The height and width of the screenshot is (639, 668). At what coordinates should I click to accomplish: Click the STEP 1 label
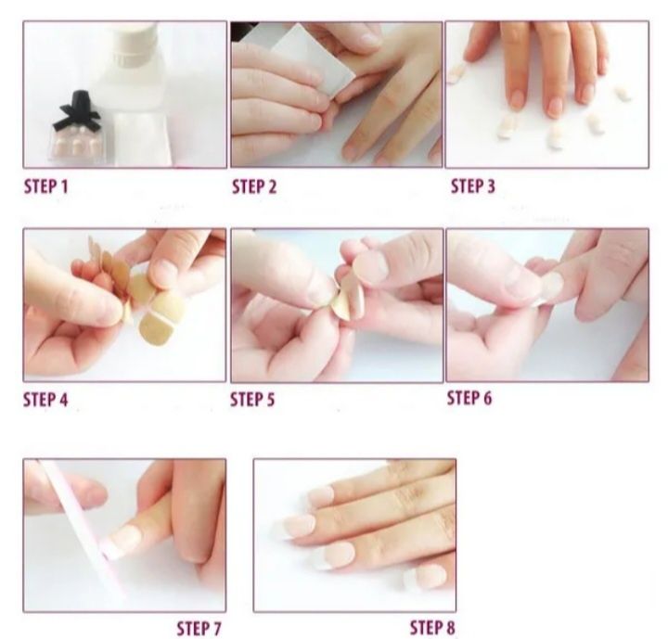point(45,186)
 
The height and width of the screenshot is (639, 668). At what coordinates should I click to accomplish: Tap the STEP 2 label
point(254,186)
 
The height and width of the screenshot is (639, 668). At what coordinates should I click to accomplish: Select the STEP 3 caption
point(473,186)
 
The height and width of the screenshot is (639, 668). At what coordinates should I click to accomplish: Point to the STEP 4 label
point(45,400)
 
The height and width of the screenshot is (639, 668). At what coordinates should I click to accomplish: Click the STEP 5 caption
point(252,400)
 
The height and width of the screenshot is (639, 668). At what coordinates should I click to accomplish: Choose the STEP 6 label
point(469,398)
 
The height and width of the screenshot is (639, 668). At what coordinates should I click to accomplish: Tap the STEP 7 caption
point(199,629)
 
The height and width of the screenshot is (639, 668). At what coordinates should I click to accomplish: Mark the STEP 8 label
point(432,628)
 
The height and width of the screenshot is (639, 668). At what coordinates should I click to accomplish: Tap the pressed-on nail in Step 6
point(549,287)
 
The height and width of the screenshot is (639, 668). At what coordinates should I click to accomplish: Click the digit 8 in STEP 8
point(450,628)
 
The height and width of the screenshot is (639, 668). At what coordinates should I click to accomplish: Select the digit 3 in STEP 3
point(491,186)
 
